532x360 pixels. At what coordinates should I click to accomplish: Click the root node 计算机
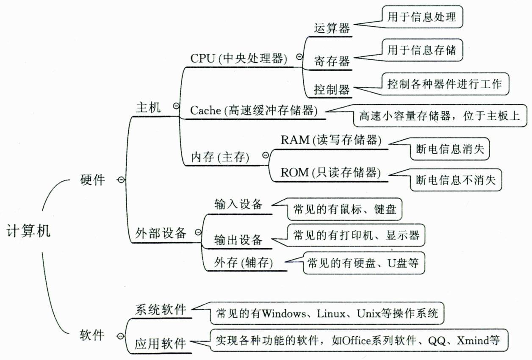28,231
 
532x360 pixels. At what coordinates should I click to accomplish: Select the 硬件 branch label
92,180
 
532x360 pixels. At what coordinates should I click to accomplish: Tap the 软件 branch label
92,335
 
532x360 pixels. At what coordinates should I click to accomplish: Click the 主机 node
148,108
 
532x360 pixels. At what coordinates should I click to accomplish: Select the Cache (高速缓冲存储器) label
253,111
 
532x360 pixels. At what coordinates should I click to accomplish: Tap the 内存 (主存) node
219,158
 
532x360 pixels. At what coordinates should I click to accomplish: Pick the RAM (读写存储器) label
331,141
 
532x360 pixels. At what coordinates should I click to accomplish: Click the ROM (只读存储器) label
330,172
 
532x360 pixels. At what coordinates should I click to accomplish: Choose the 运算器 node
332,28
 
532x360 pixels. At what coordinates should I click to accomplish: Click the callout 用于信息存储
421,50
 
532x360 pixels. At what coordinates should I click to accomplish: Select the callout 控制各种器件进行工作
444,83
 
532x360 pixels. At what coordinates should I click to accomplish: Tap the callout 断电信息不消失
456,180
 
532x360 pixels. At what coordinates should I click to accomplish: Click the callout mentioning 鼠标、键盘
344,209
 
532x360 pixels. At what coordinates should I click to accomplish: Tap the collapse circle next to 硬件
120,180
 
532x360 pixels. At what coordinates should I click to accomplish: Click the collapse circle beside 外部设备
198,232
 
